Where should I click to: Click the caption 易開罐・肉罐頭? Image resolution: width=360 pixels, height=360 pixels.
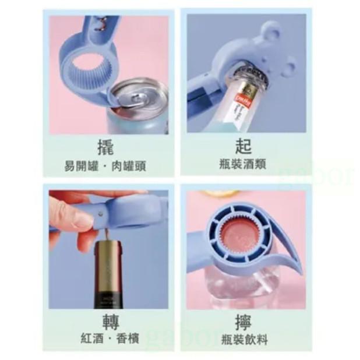(x=105, y=165)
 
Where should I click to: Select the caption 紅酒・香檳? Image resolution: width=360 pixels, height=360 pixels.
(x=105, y=339)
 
